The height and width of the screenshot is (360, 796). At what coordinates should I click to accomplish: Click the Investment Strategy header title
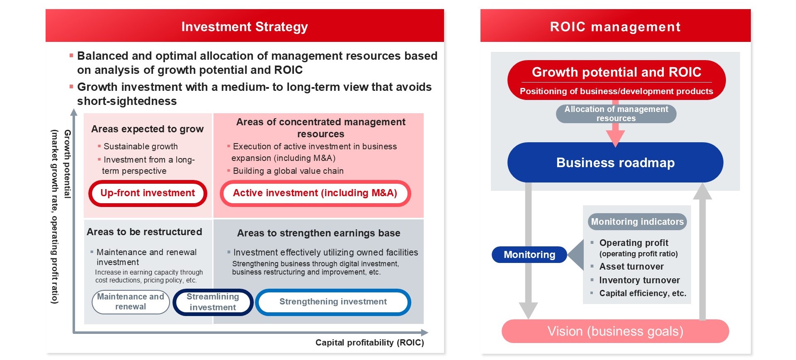[x=245, y=27]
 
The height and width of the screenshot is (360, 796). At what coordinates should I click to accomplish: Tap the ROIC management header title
[x=615, y=27]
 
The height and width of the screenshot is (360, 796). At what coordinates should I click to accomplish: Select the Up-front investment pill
[x=148, y=193]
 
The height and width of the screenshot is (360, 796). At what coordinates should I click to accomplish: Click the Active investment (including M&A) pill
[x=315, y=193]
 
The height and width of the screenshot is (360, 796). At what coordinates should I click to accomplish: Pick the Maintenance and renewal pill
[x=131, y=302]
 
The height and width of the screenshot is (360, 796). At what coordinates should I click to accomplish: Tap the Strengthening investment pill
[x=333, y=302]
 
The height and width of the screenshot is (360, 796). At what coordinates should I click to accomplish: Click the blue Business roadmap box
[x=615, y=163]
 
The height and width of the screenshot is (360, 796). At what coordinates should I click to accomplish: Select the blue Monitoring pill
[x=529, y=255]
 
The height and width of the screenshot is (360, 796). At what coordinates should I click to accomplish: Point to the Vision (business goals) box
[x=615, y=331]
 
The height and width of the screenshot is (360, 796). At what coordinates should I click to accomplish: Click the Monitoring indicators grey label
[x=637, y=222]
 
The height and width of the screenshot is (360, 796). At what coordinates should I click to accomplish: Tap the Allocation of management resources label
[x=616, y=114]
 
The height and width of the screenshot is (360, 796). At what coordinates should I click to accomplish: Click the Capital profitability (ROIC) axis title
[x=370, y=343]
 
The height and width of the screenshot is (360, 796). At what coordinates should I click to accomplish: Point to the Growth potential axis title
[x=67, y=164]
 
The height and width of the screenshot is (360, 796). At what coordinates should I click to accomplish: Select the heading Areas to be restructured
[x=144, y=232]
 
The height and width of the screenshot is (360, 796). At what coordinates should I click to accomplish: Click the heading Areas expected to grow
[x=148, y=129]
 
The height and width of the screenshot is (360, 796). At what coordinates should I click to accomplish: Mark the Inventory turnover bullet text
[x=640, y=280]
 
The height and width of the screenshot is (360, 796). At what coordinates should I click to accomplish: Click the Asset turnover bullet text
[x=631, y=267]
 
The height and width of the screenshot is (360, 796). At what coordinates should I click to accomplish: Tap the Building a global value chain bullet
[x=288, y=171]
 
